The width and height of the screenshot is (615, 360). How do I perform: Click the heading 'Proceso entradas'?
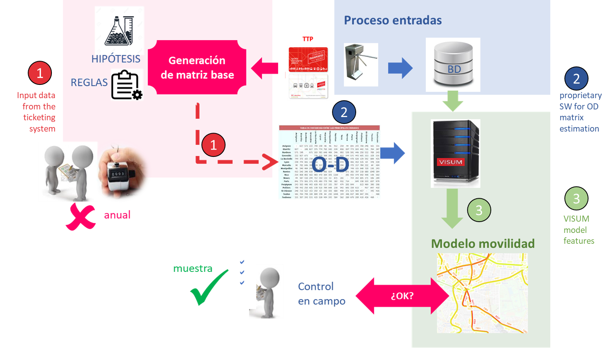[x=393, y=21]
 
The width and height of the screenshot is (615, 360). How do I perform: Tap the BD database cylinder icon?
[x=453, y=64]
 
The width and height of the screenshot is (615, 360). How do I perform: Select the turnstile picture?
[x=361, y=65]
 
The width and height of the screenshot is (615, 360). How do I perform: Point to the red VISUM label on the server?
[x=451, y=162]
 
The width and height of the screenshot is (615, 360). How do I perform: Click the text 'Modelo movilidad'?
[x=483, y=244]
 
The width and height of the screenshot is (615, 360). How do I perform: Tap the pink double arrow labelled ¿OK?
[x=402, y=296]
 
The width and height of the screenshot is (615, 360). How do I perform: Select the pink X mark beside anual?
[x=80, y=217]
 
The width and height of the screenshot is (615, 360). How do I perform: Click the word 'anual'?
[x=117, y=215]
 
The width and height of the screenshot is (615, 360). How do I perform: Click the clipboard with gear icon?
[x=127, y=85]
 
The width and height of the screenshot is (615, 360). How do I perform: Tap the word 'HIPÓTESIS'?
[x=116, y=60]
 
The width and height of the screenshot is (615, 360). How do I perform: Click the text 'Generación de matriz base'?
[x=197, y=68]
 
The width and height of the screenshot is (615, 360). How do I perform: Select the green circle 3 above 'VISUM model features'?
[x=576, y=198]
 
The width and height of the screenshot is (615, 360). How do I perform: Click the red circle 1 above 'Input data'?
[x=40, y=73]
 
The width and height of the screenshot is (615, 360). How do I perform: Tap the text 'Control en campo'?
[x=321, y=294]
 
